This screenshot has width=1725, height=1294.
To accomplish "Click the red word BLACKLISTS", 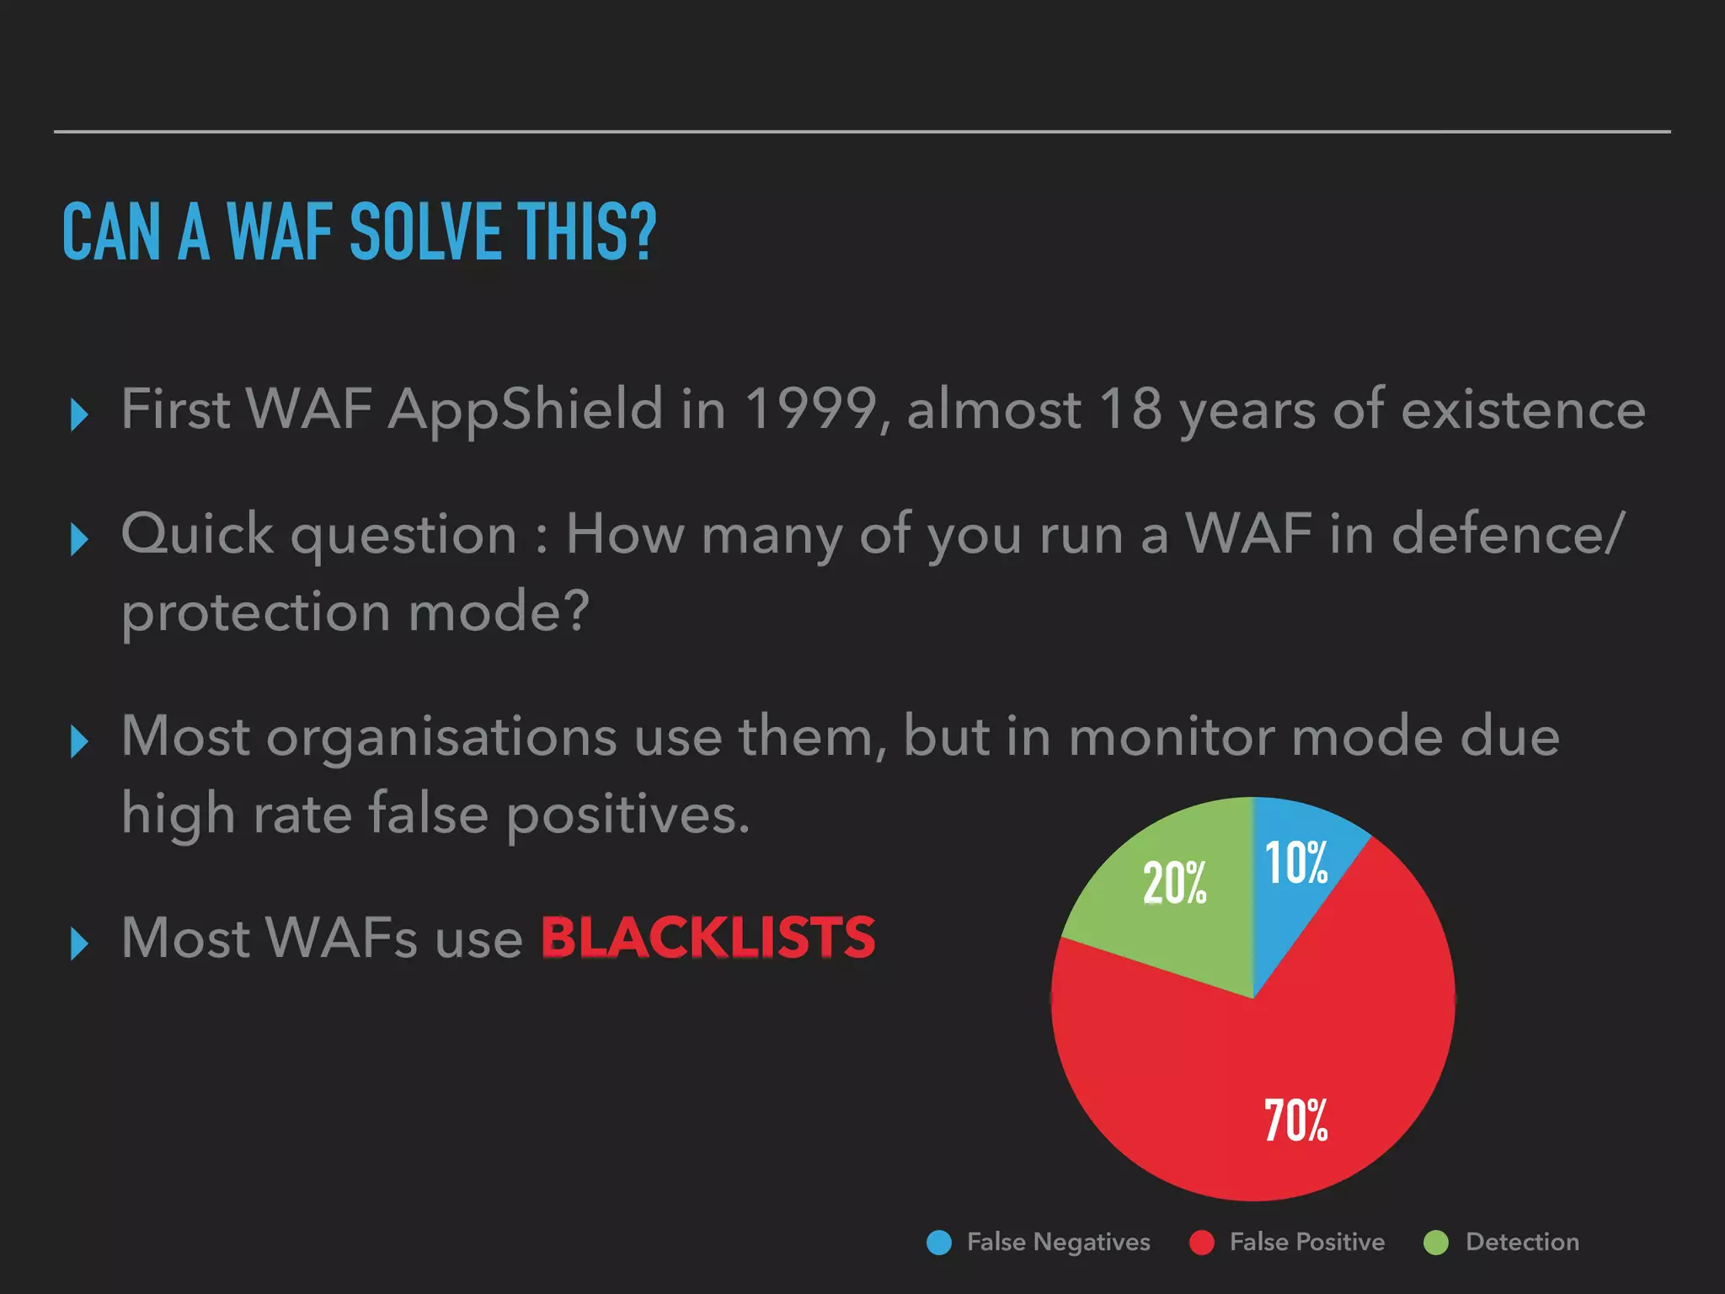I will pyautogui.click(x=708, y=938).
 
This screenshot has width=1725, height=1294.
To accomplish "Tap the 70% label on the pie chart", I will pyautogui.click(x=1296, y=1120).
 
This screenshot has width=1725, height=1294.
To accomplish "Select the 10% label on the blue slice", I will pyautogui.click(x=1296, y=863).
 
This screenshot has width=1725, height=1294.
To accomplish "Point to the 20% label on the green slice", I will pyautogui.click(x=1174, y=883).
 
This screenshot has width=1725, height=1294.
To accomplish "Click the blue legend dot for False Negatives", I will pyautogui.click(x=938, y=1243).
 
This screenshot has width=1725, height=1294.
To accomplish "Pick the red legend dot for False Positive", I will pyautogui.click(x=1201, y=1243).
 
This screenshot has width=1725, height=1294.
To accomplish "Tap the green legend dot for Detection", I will pyautogui.click(x=1436, y=1243).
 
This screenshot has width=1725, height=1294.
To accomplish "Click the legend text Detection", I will pyautogui.click(x=1522, y=1242).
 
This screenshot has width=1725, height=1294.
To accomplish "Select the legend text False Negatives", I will pyautogui.click(x=1058, y=1242).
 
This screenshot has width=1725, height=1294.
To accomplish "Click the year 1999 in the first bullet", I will pyautogui.click(x=811, y=409).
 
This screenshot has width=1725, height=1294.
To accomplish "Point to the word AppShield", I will pyautogui.click(x=526, y=409).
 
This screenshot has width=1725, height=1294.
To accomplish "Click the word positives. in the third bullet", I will pyautogui.click(x=628, y=815).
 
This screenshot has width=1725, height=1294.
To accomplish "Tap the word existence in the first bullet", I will pyautogui.click(x=1523, y=409).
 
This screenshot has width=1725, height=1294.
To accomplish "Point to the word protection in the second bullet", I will pyautogui.click(x=255, y=612).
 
